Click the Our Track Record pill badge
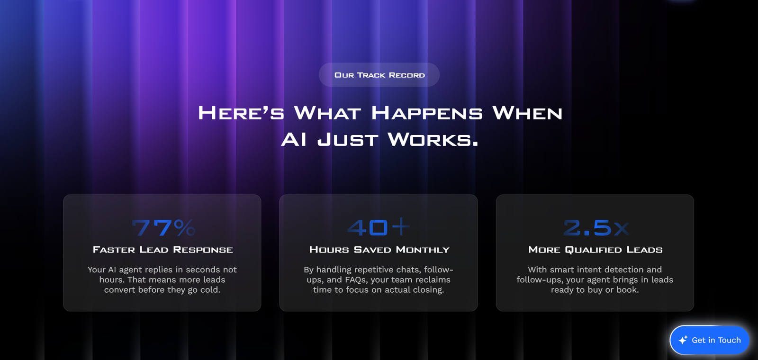[x=379, y=75]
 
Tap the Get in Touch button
[x=710, y=340]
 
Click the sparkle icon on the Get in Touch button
[x=683, y=340]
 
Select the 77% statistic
[x=164, y=227]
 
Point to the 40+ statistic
[x=379, y=227]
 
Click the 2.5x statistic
[x=596, y=228]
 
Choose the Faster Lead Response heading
[x=163, y=250]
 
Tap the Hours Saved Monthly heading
[x=379, y=250]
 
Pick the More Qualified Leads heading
[x=595, y=250]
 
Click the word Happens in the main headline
[x=427, y=113]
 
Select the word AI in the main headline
[x=294, y=140]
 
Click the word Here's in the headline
[x=241, y=113]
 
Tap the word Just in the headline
[x=347, y=140]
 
